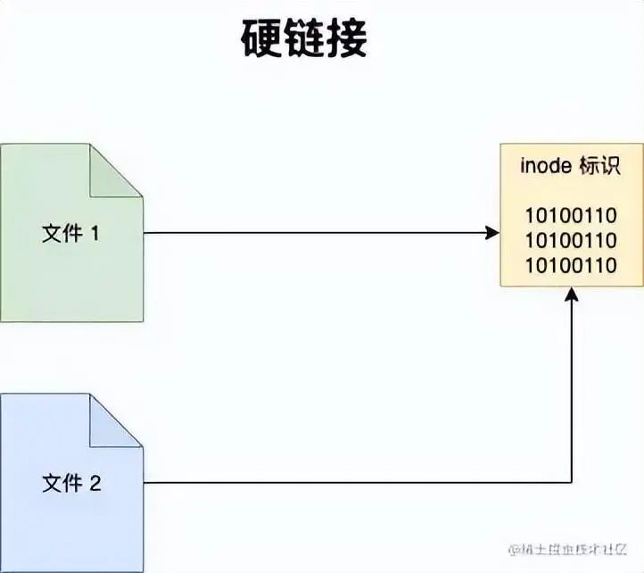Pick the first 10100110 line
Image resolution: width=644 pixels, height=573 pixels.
coord(571,215)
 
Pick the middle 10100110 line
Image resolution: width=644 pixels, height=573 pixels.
coord(571,240)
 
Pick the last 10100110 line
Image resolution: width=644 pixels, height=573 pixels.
coord(571,265)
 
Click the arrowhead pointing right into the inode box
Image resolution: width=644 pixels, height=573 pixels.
coord(492,233)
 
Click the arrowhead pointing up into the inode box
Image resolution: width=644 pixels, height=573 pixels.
coord(572,295)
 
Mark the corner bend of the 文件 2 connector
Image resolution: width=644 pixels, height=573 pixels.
coord(572,483)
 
